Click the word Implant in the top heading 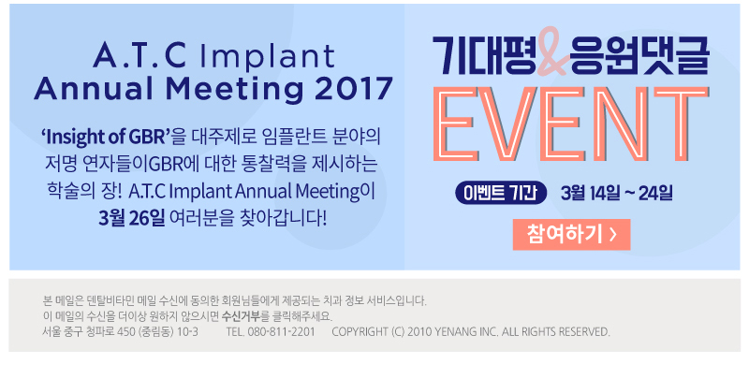coord(268,57)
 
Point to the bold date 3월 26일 coord(132,219)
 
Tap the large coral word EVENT coord(571,124)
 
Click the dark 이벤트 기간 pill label coord(501,194)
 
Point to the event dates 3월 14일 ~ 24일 coord(617,194)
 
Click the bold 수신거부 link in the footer coord(242,316)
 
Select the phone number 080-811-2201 coord(282,332)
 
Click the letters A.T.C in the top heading coord(140,56)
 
